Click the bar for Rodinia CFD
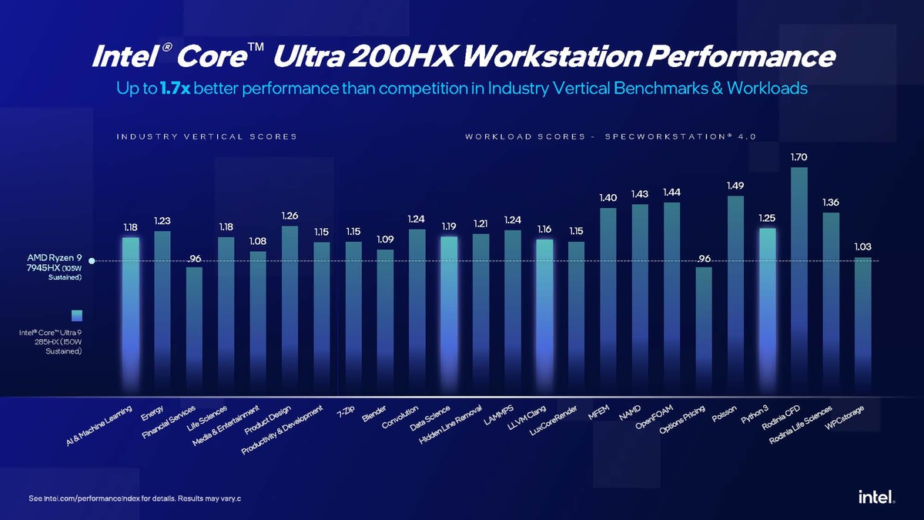pyautogui.click(x=799, y=277)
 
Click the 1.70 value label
pyautogui.click(x=799, y=157)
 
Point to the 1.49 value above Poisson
pyautogui.click(x=735, y=186)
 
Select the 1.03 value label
pyautogui.click(x=863, y=247)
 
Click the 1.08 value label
pyautogui.click(x=258, y=241)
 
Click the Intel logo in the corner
pyautogui.click(x=876, y=498)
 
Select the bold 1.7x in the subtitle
pyautogui.click(x=176, y=89)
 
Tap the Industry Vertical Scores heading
pyautogui.click(x=206, y=136)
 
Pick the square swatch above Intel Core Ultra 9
pyautogui.click(x=75, y=314)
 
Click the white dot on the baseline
pyautogui.click(x=92, y=261)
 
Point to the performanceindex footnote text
pyautogui.click(x=135, y=498)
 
